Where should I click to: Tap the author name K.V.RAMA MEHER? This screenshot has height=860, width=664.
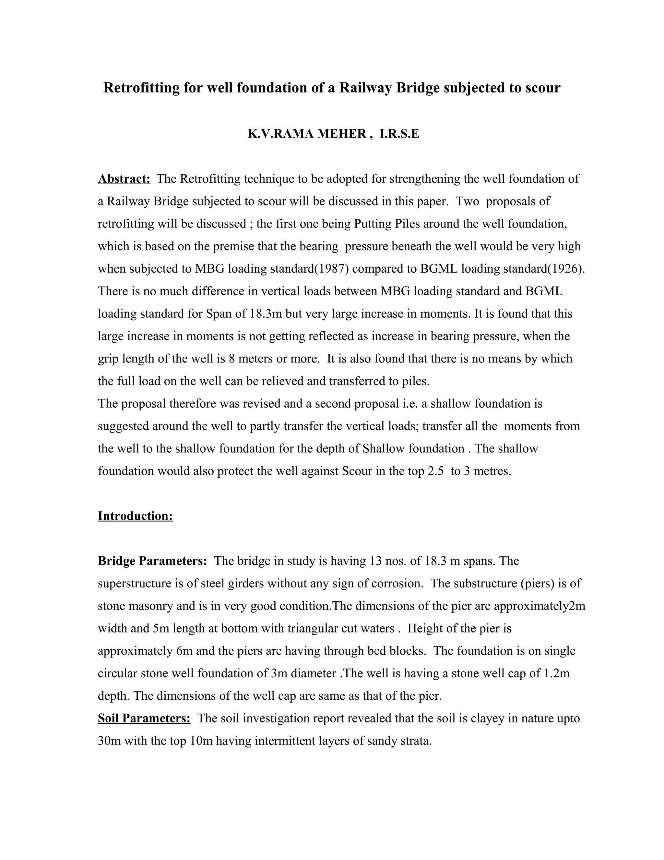click(x=307, y=134)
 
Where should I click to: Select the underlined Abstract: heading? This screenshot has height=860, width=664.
click(x=124, y=179)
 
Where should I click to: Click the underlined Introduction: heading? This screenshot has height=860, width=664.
click(x=135, y=516)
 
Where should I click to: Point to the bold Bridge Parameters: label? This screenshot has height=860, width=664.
click(x=152, y=561)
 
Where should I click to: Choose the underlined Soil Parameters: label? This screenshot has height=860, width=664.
click(x=144, y=718)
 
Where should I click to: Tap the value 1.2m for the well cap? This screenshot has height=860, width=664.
click(x=556, y=673)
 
